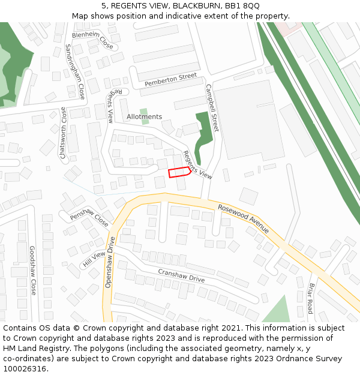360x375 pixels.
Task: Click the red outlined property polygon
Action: coord(179,173)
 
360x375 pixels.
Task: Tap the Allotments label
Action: coord(144,116)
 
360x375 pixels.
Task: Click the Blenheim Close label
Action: coord(92,40)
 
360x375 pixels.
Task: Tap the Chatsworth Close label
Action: coord(63,133)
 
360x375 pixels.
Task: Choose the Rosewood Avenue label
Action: coord(243,218)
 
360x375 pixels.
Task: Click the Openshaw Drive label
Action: coord(111,262)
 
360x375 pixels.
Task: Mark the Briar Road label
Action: coord(310,298)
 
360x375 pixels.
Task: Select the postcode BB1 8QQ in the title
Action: coord(244,6)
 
